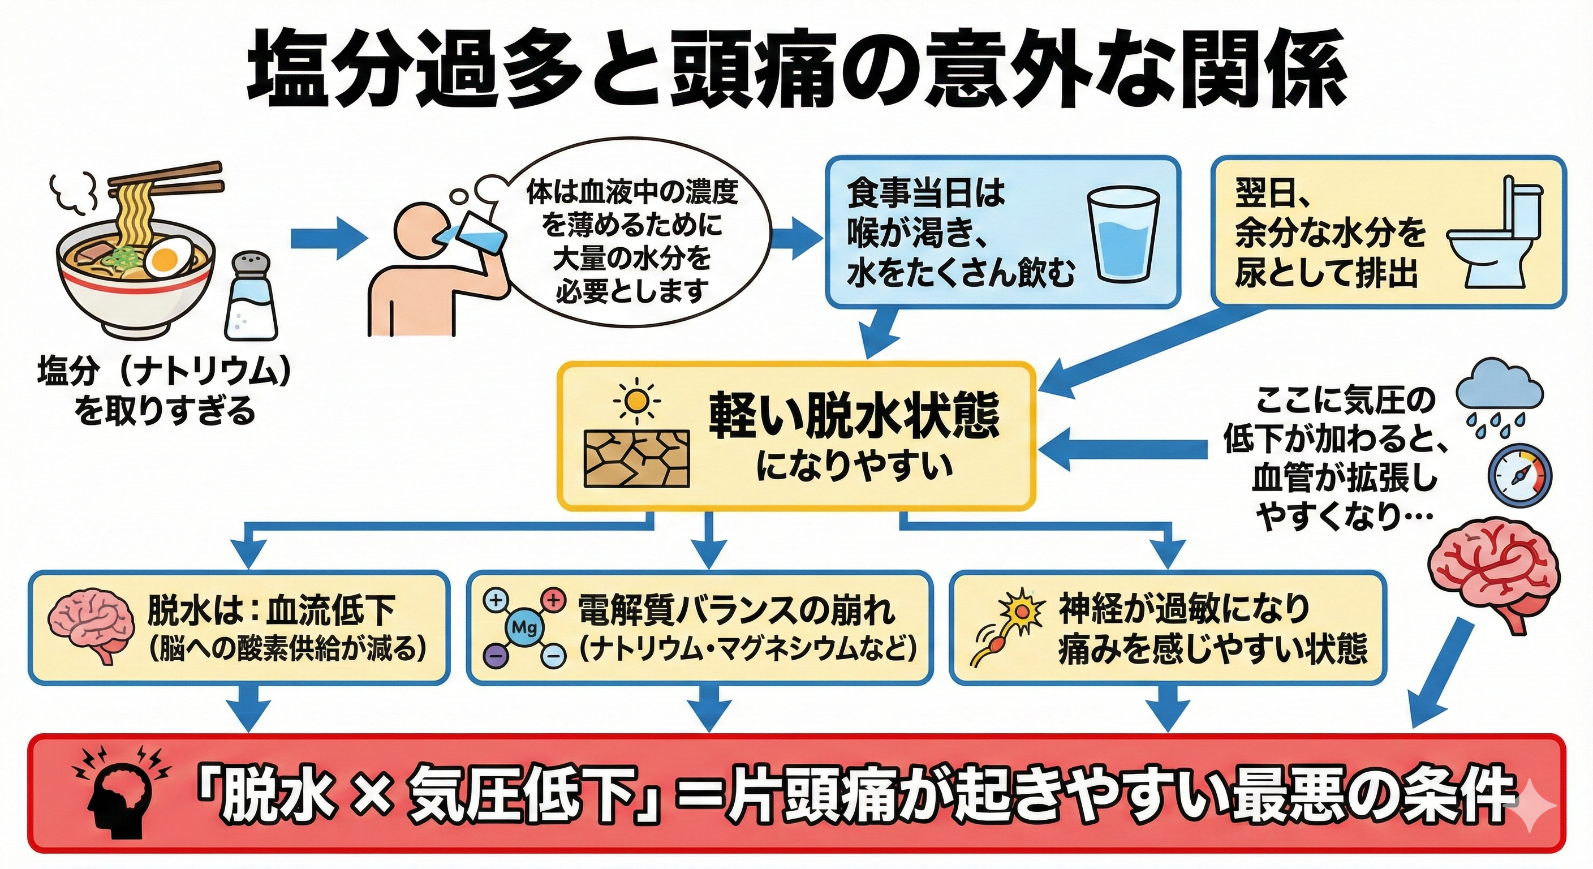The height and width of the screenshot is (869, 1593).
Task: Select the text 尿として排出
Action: coord(1326,273)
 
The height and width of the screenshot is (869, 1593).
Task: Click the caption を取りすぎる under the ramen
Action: coord(165,411)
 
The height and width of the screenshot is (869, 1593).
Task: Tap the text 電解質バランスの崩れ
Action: coord(736,610)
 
